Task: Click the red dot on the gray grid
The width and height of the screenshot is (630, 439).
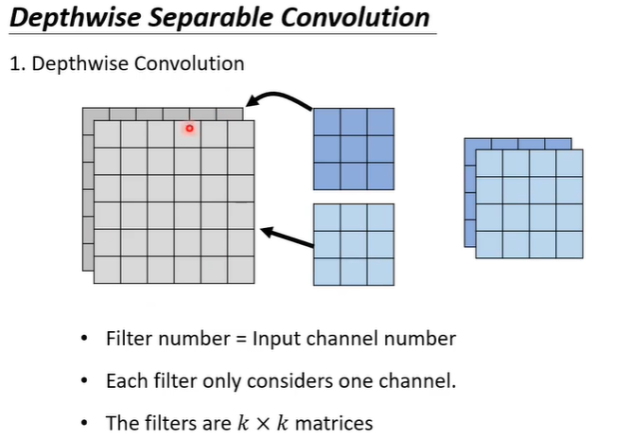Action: tap(189, 128)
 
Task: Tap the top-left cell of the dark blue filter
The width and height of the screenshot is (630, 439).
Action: tap(326, 122)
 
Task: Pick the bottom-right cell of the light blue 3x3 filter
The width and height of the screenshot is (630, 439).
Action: tap(380, 272)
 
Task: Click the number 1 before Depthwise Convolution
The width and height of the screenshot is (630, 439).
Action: tap(14, 64)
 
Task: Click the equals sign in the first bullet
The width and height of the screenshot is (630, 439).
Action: tap(239, 340)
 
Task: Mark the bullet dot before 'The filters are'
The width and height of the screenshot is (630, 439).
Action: tap(85, 423)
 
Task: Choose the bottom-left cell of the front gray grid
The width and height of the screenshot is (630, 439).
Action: tap(107, 270)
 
